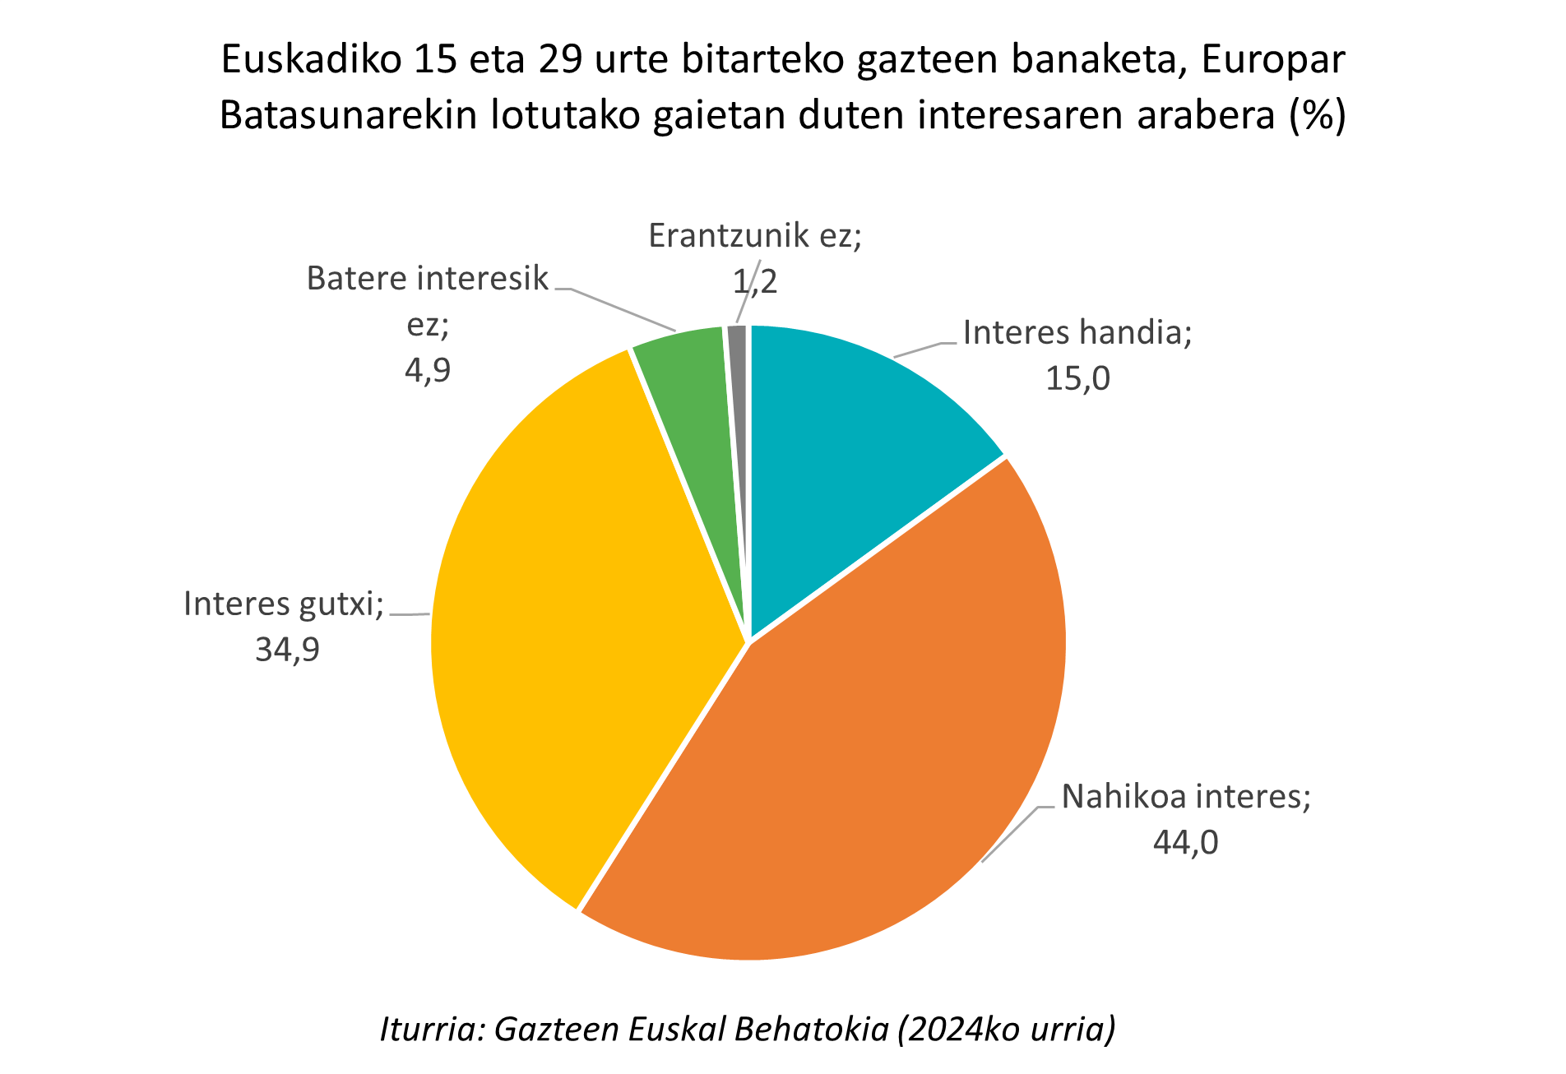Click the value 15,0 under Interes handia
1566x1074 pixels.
point(1077,379)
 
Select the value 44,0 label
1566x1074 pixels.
point(1185,843)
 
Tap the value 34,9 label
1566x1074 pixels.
point(287,650)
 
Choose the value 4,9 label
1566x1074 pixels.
point(428,371)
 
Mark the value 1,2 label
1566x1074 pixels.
point(754,282)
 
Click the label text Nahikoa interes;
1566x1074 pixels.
point(1185,797)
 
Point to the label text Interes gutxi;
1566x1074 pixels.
point(284,604)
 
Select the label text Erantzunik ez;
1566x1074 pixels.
point(754,236)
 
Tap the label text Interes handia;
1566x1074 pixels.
point(1077,333)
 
